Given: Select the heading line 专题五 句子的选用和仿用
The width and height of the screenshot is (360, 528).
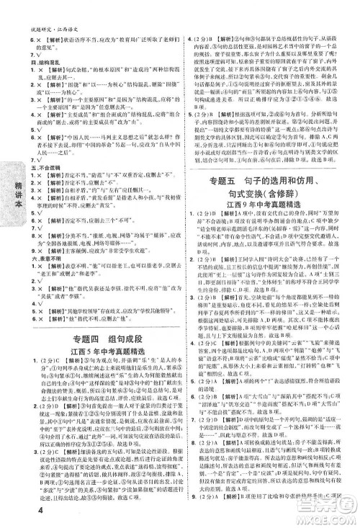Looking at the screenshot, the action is tap(271, 176).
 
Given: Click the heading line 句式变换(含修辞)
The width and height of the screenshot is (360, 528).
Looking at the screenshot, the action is tap(271, 193).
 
